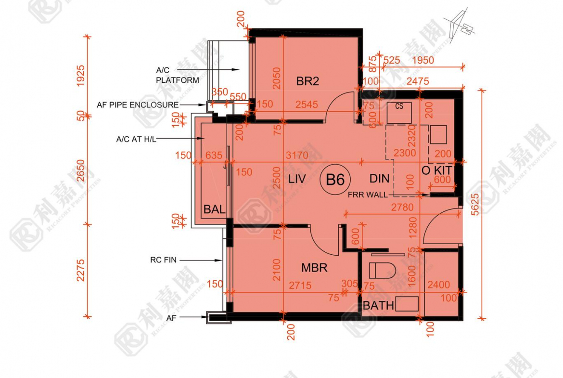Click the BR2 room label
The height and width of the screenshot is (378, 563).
point(307,81)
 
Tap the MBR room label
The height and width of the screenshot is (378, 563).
point(314,268)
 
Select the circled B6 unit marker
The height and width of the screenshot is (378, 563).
point(335,180)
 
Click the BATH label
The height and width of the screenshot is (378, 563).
point(378,305)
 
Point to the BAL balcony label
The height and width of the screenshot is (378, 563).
point(214,209)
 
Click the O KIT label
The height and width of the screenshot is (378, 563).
point(436,170)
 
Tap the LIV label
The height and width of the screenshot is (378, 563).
point(297,180)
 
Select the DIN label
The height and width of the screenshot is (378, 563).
point(379,179)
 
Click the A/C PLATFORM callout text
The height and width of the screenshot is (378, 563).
point(177,75)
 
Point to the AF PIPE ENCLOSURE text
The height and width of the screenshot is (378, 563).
point(138,104)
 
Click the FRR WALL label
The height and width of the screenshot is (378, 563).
point(368,195)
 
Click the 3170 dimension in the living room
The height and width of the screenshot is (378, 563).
point(297,156)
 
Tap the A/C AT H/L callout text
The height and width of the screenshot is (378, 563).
point(136,139)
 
